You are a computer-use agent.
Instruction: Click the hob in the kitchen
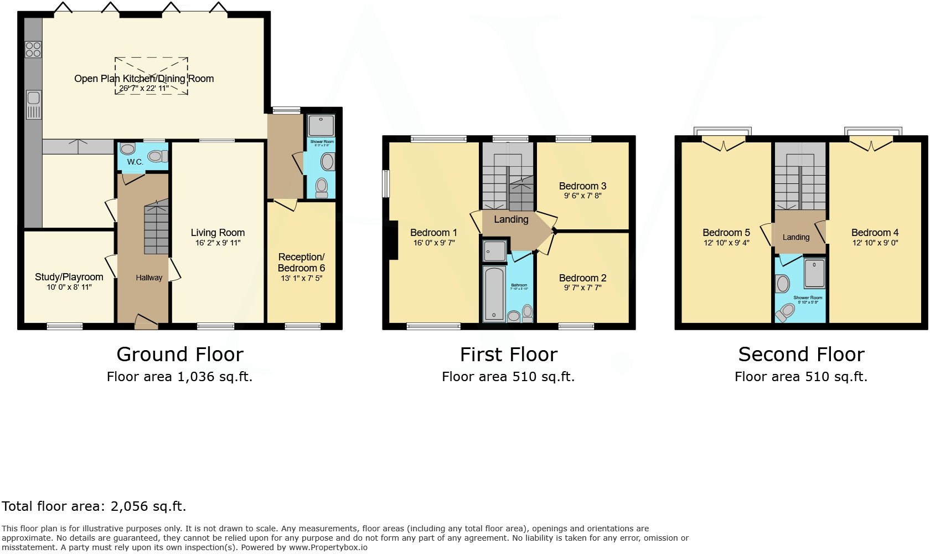coord(33,49)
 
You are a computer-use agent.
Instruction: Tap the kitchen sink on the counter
coord(34,105)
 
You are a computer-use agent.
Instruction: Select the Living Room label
coord(218,233)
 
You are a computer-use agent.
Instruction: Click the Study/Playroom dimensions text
coord(69,287)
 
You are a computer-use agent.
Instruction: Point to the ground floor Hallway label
coord(149,278)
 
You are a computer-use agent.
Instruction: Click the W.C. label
coord(135,162)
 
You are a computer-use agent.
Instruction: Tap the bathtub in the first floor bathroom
coord(494,294)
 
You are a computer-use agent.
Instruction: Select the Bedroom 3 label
coord(582,186)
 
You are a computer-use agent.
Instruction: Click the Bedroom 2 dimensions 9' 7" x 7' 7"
coord(582,288)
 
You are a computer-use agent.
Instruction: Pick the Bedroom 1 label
coord(433,233)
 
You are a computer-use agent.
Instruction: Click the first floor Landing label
coord(511,219)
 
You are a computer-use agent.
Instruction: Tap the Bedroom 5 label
coord(726,233)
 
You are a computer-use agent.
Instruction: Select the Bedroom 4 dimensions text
coord(875,243)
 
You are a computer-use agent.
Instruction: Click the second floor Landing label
coord(795,237)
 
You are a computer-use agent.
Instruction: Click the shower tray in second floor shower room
coord(814,273)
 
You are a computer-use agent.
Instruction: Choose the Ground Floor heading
coord(180,355)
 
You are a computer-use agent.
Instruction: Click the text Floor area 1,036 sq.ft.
coord(179,377)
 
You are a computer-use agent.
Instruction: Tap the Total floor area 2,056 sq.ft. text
coord(94,506)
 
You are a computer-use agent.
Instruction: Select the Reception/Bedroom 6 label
coord(301,263)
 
